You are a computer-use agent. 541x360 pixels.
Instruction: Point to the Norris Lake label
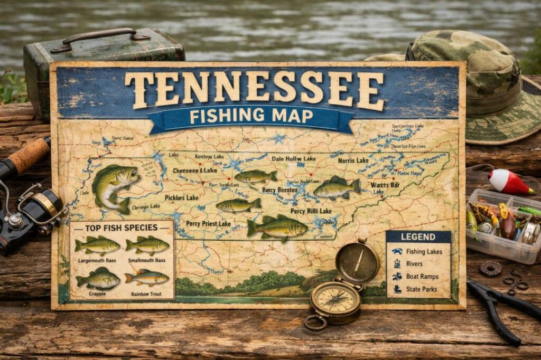click(x=353, y=160)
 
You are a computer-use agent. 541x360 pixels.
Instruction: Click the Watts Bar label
click(x=385, y=185)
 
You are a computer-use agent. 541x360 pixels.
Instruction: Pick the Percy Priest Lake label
click(x=208, y=224)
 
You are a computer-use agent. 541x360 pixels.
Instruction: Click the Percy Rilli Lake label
click(x=311, y=211)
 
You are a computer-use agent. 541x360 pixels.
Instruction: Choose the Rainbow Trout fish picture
click(x=147, y=278)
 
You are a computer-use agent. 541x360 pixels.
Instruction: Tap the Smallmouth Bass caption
click(x=146, y=261)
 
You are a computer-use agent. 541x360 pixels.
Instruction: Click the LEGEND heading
click(x=418, y=237)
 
